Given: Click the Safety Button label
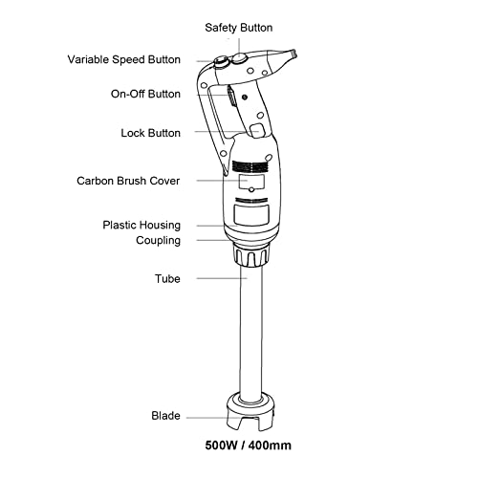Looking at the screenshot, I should (238, 28).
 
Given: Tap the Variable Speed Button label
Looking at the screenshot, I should (123, 59).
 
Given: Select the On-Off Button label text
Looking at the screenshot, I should (144, 94).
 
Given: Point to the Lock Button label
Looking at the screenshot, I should (150, 133).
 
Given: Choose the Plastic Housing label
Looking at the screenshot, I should (141, 225).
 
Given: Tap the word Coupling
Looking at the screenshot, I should (158, 240).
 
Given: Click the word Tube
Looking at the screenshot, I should (167, 279).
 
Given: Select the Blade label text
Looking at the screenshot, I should (165, 416).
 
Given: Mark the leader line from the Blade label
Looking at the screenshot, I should (206, 416).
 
